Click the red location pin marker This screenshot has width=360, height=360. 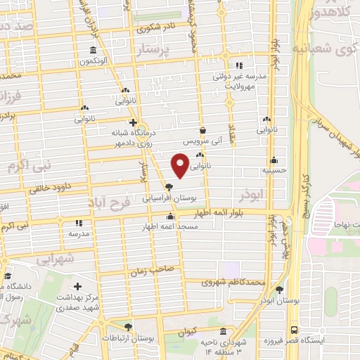pyautogui.click(x=181, y=165)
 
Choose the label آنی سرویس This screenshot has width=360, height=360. pyautogui.click(x=203, y=141)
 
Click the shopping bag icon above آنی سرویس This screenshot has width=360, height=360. pyautogui.click(x=203, y=130)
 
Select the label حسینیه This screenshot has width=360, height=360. pyautogui.click(x=273, y=169)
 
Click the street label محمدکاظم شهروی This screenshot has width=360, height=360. pyautogui.click(x=234, y=283)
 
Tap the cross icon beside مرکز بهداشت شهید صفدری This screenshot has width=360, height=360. pyautogui.click(x=77, y=288)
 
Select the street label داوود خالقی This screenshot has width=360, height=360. pyautogui.click(x=51, y=188)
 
